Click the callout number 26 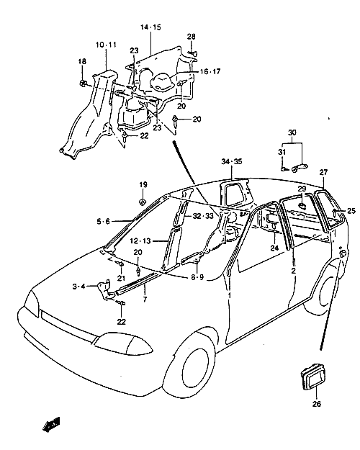tap(316, 404)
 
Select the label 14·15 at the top tap(150, 27)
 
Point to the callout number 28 tap(192, 37)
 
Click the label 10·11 tap(107, 45)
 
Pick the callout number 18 tap(82, 61)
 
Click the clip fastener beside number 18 tap(83, 84)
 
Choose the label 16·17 tap(210, 71)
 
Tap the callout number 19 tap(143, 184)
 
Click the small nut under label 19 tap(143, 202)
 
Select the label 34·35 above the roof tap(232, 161)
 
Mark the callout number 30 tap(292, 132)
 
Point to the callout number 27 tap(323, 172)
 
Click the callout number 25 tap(351, 211)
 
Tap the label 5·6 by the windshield tap(103, 221)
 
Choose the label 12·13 tap(140, 241)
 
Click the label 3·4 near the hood tap(78, 286)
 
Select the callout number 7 tap(145, 300)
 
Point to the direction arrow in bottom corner tap(51, 425)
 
